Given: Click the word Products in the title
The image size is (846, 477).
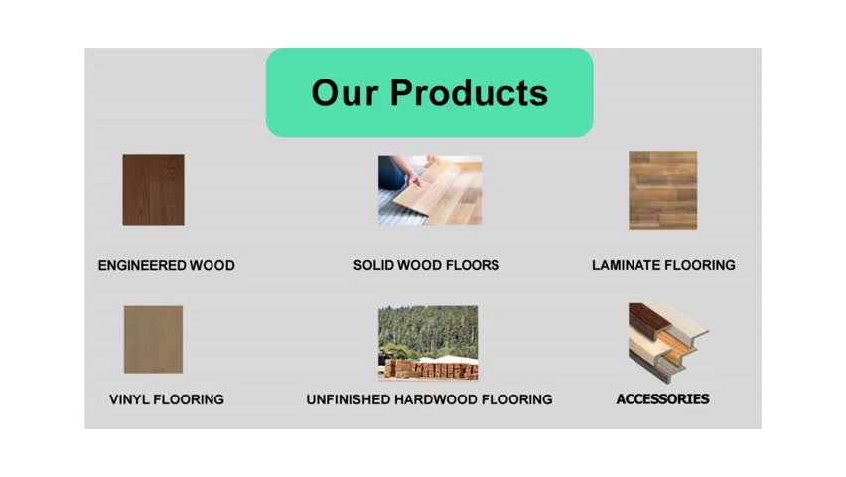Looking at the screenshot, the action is [x=469, y=92].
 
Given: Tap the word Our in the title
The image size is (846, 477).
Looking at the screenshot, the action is [x=345, y=92].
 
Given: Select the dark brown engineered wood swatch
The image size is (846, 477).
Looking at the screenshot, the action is [x=153, y=190].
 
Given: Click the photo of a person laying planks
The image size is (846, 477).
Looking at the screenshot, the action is [x=430, y=190].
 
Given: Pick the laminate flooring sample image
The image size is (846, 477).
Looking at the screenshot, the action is [x=662, y=190].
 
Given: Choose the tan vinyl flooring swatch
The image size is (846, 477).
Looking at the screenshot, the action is [x=153, y=339].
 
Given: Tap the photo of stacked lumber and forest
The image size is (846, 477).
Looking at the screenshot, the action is [x=428, y=343].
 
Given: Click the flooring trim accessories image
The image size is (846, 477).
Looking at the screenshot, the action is [x=668, y=343].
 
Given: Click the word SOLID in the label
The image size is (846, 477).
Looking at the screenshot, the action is [x=374, y=265].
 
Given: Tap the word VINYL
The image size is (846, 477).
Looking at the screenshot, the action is [x=129, y=399].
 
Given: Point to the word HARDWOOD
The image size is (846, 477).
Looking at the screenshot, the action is [x=436, y=399].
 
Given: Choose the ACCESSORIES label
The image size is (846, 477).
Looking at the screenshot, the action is [x=662, y=399].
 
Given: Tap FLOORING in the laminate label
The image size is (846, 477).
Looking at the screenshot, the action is [x=700, y=265].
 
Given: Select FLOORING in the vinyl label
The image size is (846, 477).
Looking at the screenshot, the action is [x=189, y=399].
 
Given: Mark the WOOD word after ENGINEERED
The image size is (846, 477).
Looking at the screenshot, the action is [x=212, y=265].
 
